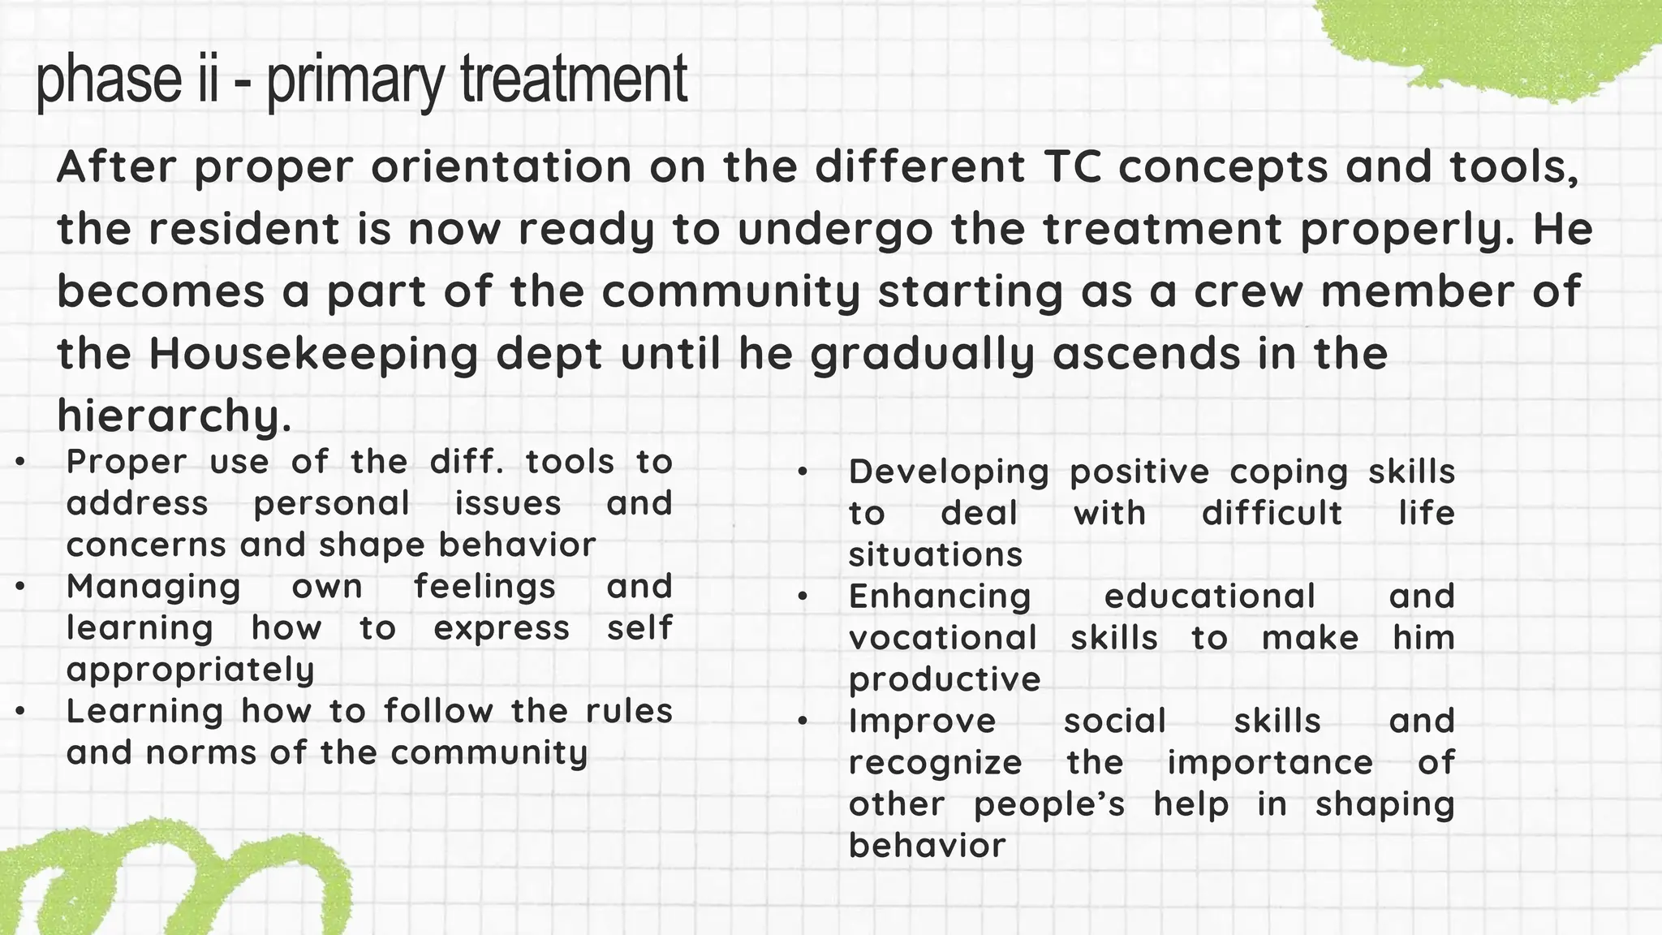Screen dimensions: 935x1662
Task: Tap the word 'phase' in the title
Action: (109, 81)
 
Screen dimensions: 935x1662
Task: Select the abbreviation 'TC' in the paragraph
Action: (1073, 167)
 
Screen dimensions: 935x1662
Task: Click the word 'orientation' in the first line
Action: (502, 167)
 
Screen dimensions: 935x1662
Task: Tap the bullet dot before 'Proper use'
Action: (20, 463)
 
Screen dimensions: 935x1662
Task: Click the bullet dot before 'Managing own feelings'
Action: (20, 587)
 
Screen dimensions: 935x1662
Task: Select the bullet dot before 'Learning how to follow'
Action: (20, 712)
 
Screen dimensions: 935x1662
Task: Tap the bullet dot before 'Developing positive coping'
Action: (803, 472)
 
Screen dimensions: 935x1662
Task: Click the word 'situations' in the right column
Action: (935, 555)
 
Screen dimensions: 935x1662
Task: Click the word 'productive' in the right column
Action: (944, 680)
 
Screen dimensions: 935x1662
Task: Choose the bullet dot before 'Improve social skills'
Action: (803, 722)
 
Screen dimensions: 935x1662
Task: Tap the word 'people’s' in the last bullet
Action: (1049, 804)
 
